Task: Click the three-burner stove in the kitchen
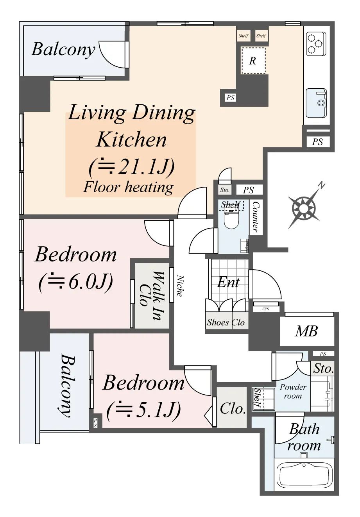pos(316,44)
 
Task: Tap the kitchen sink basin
pos(316,103)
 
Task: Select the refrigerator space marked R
pos(253,61)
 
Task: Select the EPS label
pos(265,309)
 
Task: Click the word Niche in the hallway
pos(180,286)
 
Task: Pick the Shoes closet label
pos(218,322)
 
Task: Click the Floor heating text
pos(128,187)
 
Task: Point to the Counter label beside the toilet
pos(256,217)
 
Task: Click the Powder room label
pos(293,391)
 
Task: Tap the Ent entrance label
pos(228,282)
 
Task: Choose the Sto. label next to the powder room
pos(323,369)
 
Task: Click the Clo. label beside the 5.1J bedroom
pos(233,408)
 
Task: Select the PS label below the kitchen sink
pos(317,141)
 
